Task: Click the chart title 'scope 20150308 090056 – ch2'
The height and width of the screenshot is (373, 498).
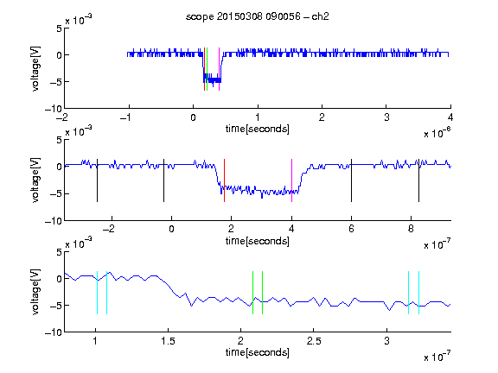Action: pos(258,16)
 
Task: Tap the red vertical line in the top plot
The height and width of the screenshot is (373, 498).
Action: pos(204,69)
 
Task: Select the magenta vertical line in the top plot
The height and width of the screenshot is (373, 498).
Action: pos(219,69)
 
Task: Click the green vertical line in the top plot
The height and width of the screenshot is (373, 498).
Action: pos(207,69)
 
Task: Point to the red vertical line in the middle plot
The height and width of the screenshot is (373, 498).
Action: pos(224,180)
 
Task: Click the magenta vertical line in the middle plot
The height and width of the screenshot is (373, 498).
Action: pos(291,180)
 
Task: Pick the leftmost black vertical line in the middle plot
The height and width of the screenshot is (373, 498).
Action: pos(97,180)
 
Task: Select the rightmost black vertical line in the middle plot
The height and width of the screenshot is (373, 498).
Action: pos(418,180)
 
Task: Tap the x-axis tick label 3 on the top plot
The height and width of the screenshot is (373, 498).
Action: pos(386,117)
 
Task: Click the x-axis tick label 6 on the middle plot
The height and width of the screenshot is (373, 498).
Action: pos(351,229)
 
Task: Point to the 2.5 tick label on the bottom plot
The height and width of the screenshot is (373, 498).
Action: pos(314,341)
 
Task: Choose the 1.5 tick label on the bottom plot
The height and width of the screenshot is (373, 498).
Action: pos(168,341)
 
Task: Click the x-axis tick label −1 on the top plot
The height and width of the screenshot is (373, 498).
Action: pos(126,117)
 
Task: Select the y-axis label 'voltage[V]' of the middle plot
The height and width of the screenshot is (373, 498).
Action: pos(35,180)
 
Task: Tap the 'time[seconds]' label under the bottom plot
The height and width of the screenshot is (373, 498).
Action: pos(258,352)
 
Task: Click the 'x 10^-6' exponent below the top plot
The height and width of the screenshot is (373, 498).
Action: pos(437,133)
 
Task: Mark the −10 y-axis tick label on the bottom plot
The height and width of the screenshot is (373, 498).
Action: pos(54,332)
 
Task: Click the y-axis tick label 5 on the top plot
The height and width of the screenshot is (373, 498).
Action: pos(59,28)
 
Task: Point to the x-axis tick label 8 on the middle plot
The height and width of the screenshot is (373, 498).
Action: pos(411,229)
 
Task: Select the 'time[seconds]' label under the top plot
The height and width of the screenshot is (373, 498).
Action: pos(258,129)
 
